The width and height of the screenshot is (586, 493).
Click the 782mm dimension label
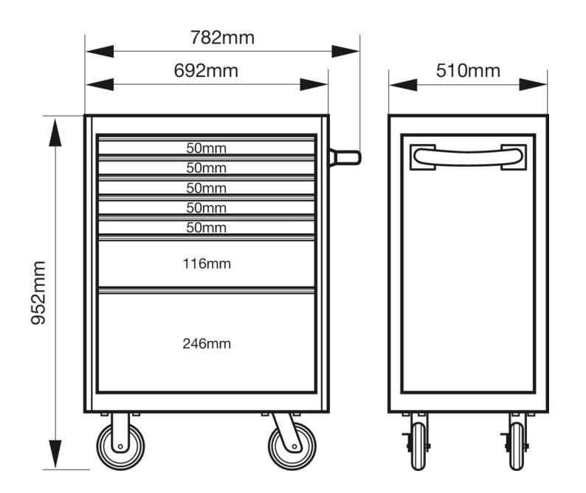pos(222,38)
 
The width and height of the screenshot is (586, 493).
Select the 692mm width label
pos(206,71)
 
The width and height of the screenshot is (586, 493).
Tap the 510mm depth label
pos(468,71)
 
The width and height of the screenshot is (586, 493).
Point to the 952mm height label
pos(38,293)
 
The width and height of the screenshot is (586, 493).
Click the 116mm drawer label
pos(207,264)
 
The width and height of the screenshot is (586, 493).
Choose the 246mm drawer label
pos(207,343)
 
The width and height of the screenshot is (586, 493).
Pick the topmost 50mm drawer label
pos(207,148)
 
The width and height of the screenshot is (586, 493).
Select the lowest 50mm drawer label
pos(207,227)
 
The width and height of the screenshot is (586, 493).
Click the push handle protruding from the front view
pos(345,157)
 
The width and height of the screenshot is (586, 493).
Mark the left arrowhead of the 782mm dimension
pos(100,51)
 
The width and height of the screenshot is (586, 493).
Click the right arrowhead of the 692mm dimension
pos(314,84)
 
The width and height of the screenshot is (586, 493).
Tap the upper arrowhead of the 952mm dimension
pos(55,132)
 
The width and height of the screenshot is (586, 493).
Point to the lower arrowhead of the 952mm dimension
pos(55,454)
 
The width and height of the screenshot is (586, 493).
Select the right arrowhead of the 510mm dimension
pos(534,84)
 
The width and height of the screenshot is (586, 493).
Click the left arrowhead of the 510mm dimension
pos(403,84)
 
